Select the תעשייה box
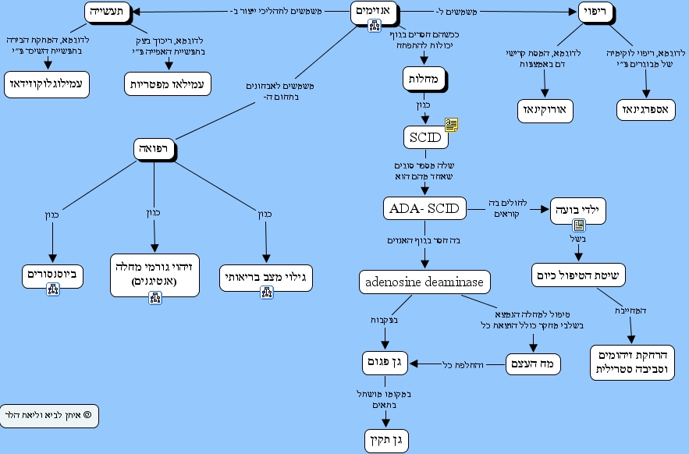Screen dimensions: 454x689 (107, 12)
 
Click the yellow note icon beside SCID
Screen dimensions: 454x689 (451, 125)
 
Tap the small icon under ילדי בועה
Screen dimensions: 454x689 (580, 225)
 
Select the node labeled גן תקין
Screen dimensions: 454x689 (387, 440)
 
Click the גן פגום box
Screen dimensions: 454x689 (387, 363)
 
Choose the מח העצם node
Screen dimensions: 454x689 (534, 364)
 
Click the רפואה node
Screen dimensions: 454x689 (154, 149)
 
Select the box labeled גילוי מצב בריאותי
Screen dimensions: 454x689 (265, 277)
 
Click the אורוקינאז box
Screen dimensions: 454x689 (545, 111)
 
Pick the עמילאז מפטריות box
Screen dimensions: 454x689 (169, 83)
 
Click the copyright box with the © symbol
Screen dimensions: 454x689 (49, 416)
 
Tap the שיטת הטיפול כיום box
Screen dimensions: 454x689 (580, 275)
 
